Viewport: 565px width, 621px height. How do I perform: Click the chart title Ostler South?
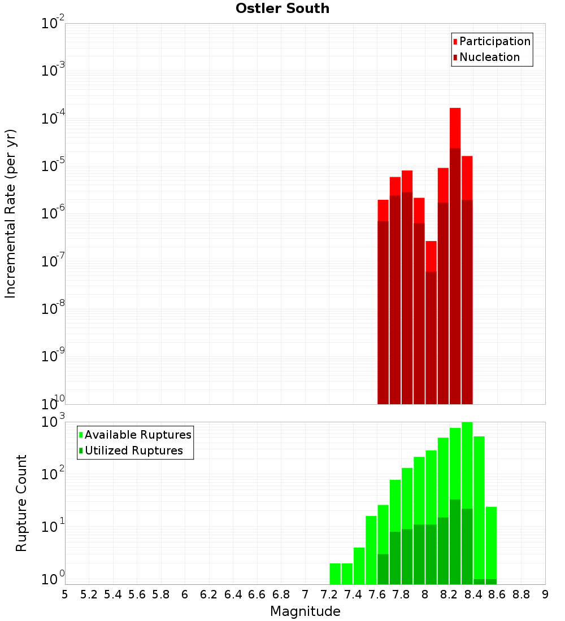click(x=282, y=8)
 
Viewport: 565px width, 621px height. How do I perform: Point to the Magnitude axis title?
click(x=305, y=611)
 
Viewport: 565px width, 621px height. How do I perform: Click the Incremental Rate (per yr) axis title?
click(x=10, y=213)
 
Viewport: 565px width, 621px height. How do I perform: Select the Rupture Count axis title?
click(x=21, y=503)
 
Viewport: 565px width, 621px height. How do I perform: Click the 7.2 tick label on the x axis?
click(x=329, y=594)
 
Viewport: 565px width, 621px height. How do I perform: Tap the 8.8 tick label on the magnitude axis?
click(x=521, y=594)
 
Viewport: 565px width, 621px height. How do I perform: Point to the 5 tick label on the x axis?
click(x=65, y=594)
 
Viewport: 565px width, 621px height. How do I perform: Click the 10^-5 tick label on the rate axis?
click(x=53, y=166)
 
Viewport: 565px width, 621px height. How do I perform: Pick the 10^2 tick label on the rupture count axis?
click(x=53, y=474)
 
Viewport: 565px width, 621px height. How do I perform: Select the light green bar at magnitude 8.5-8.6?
click(x=491, y=542)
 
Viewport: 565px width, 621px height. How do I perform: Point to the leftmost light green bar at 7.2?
click(x=335, y=573)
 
